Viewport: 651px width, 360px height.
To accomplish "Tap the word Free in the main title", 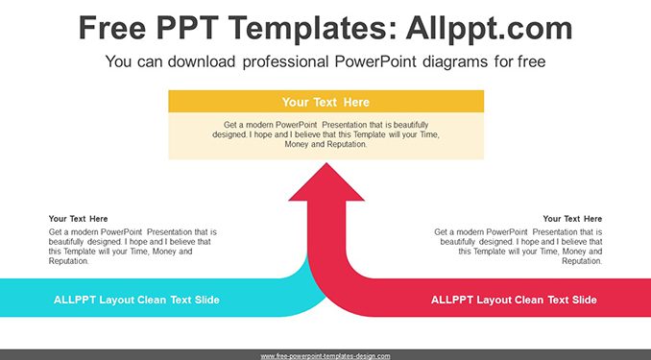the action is [x=112, y=28].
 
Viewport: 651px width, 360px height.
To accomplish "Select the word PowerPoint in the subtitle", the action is [x=375, y=61].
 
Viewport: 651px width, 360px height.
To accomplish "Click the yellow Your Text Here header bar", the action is [x=325, y=102].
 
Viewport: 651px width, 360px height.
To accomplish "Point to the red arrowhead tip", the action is [x=326, y=163].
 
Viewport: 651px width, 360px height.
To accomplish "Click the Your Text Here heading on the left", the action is [x=78, y=219].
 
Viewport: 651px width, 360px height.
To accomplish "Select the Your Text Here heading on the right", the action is [x=572, y=219].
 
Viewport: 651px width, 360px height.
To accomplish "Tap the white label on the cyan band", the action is [x=136, y=300].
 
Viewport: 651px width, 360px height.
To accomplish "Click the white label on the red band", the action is [x=514, y=300].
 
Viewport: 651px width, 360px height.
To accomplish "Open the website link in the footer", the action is [x=325, y=356].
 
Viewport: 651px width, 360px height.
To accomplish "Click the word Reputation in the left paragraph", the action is [x=68, y=261].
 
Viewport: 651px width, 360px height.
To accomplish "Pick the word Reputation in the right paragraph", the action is [x=582, y=261].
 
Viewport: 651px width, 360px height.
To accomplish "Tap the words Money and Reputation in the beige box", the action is [x=325, y=144].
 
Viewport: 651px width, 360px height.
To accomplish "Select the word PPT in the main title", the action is [x=188, y=28].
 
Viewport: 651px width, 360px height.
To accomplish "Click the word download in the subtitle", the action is [x=202, y=61].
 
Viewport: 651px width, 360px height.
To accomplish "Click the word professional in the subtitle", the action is [x=285, y=61].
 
